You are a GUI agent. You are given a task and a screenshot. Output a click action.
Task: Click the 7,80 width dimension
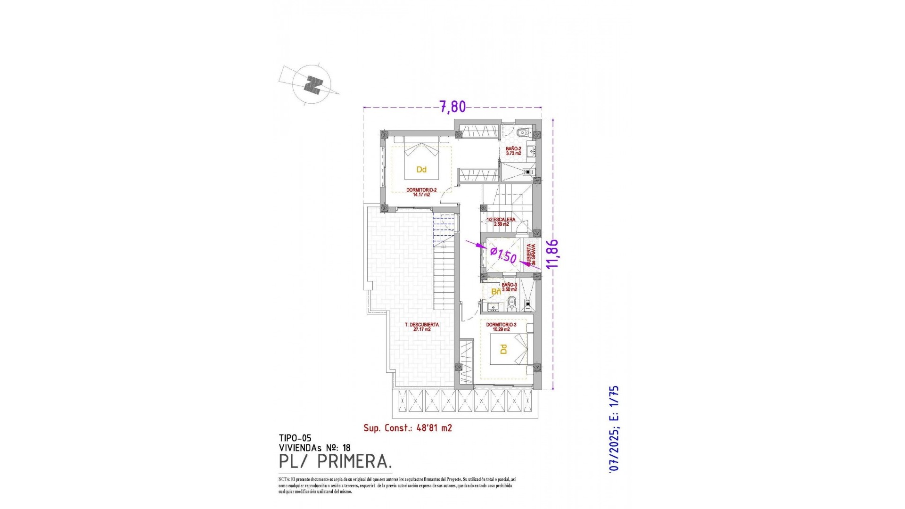452,107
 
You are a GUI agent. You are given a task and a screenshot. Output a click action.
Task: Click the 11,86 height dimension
552,254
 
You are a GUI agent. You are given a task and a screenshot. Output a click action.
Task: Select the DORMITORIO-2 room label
421,192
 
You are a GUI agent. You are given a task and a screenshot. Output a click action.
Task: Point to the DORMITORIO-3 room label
501,327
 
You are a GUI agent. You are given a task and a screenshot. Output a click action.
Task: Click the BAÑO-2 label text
513,151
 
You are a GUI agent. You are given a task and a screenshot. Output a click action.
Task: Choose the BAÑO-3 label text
509,287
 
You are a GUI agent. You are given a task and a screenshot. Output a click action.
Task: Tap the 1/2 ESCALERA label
501,222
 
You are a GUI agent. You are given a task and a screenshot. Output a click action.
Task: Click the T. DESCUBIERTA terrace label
422,327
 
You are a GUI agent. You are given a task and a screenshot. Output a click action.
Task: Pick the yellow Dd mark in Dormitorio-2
421,169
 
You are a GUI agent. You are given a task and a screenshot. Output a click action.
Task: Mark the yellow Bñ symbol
496,292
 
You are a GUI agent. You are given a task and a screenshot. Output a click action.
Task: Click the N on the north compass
312,85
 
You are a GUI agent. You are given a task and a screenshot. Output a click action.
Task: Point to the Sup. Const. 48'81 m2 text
408,428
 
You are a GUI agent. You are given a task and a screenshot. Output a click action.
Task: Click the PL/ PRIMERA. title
335,462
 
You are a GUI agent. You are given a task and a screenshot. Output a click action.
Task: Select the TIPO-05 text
295,438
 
